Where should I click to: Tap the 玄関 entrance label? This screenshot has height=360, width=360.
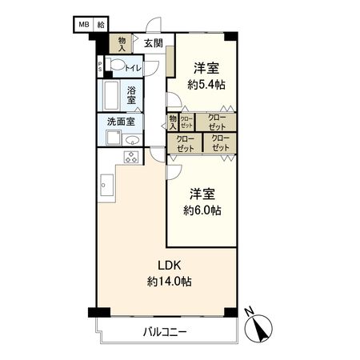pos(154,42)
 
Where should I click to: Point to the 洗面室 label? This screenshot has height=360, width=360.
pos(121,122)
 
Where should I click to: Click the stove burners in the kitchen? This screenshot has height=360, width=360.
pos(131,157)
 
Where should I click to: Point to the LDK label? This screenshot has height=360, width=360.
pos(169,265)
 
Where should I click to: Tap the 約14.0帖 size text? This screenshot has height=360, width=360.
pos(169,281)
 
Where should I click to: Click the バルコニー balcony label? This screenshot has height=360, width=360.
pos(166,331)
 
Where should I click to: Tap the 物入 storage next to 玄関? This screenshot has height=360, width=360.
pos(122,42)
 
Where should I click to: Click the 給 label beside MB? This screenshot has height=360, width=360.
pos(102,25)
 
